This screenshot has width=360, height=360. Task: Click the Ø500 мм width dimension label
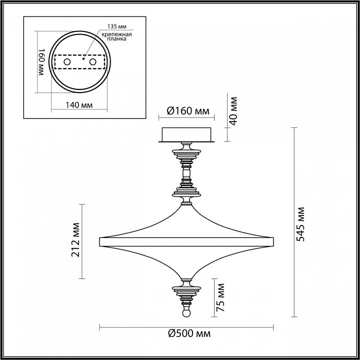point(189,334)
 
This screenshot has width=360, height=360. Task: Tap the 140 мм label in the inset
point(80,105)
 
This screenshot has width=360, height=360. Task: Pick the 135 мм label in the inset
point(116,26)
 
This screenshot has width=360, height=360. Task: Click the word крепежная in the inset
point(118,33)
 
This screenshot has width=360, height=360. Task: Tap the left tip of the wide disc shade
point(101,241)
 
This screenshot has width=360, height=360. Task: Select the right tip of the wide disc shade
point(273,241)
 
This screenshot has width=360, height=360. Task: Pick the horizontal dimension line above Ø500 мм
point(187,327)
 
